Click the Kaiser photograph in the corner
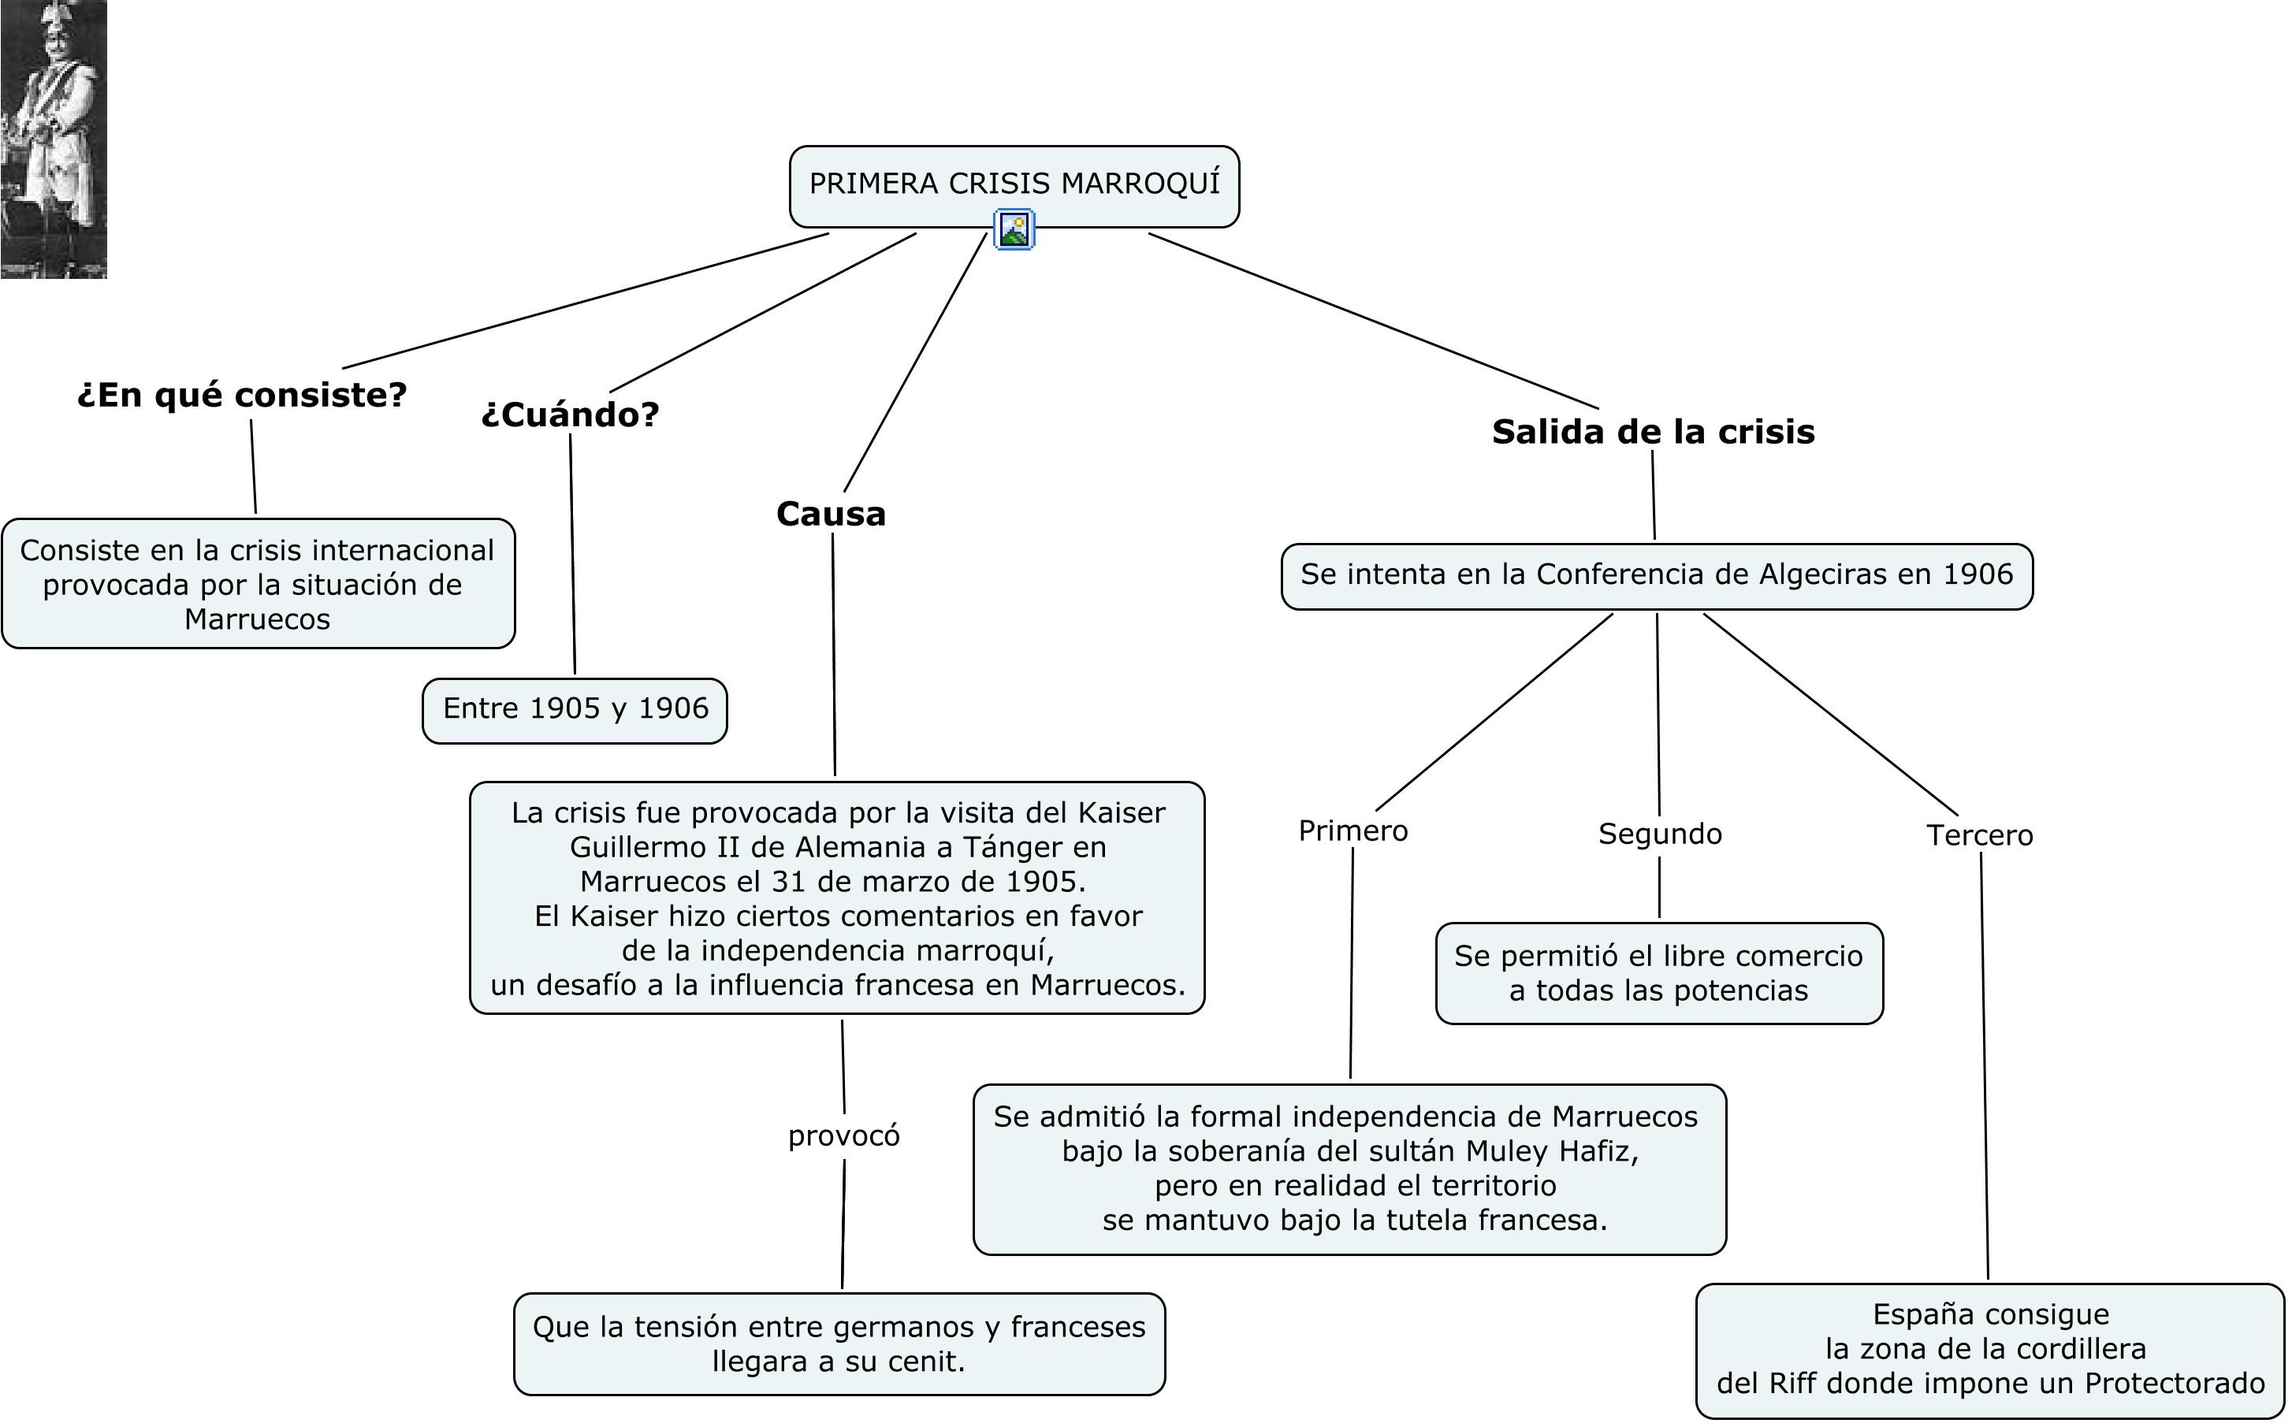click(x=53, y=139)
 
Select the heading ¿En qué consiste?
click(x=242, y=395)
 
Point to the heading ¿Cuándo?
click(x=570, y=414)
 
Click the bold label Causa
click(x=831, y=515)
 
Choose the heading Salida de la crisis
click(x=1653, y=431)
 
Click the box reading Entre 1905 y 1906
click(x=575, y=710)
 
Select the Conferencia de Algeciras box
click(x=1657, y=576)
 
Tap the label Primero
click(x=1353, y=831)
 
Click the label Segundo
click(x=1660, y=834)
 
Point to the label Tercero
click(x=1980, y=835)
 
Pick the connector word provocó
click(x=844, y=1135)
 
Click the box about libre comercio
click(x=1660, y=973)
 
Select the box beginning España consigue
click(x=1990, y=1350)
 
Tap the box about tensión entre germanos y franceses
click(x=839, y=1344)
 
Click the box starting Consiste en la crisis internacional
click(x=258, y=583)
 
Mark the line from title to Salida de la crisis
click(x=1374, y=321)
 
